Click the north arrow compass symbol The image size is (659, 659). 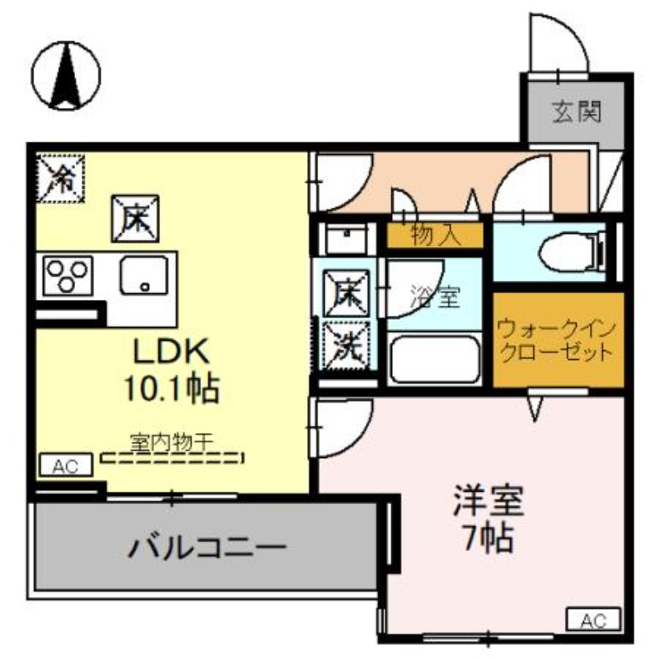pyautogui.click(x=66, y=76)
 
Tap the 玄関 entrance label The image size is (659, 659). pyautogui.click(x=576, y=112)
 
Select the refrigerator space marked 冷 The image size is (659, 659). pyautogui.click(x=60, y=178)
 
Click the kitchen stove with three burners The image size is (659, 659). pyautogui.click(x=68, y=276)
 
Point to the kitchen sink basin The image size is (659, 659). pyautogui.click(x=144, y=275)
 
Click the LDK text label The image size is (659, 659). pyautogui.click(x=171, y=352)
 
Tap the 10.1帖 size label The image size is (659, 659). pyautogui.click(x=171, y=389)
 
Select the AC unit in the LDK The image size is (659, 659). pyautogui.click(x=66, y=465)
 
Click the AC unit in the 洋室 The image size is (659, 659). pyautogui.click(x=593, y=620)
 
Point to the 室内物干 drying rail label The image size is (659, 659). pyautogui.click(x=172, y=442)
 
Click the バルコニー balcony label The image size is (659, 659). pyautogui.click(x=207, y=548)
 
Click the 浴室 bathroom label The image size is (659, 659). pyautogui.click(x=436, y=297)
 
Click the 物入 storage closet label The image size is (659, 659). pyautogui.click(x=436, y=235)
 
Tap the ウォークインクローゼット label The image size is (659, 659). pyautogui.click(x=557, y=341)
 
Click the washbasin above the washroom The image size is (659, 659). pyautogui.click(x=346, y=238)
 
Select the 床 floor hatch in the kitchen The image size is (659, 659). pyautogui.click(x=135, y=218)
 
